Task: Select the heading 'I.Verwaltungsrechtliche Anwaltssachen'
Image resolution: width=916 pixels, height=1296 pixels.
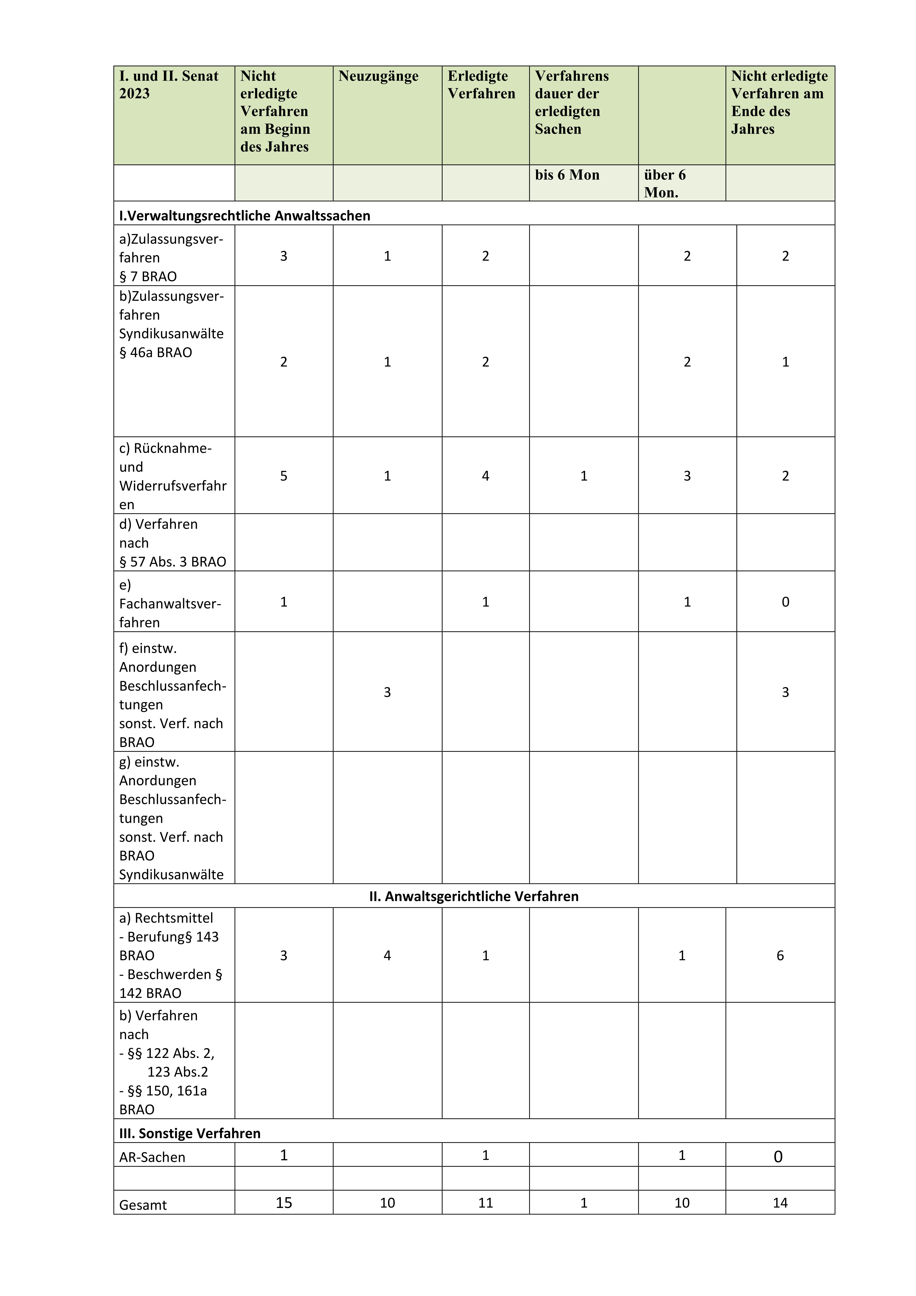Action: click(244, 216)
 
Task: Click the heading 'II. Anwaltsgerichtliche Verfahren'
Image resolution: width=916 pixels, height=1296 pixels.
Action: click(474, 896)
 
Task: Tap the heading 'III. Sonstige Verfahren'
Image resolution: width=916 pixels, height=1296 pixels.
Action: click(190, 1133)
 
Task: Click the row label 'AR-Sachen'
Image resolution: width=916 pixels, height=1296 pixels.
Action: click(152, 1157)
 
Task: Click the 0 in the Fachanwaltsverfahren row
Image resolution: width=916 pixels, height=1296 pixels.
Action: click(785, 602)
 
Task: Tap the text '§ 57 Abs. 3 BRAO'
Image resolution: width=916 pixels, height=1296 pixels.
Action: click(172, 562)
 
